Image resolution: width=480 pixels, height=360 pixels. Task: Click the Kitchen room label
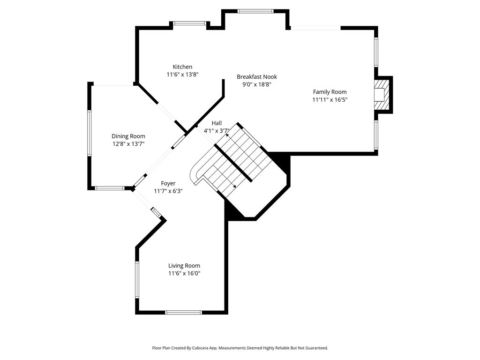pos(182,67)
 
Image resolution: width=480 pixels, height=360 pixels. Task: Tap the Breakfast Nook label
pos(257,77)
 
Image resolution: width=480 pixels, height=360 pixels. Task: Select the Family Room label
pos(330,92)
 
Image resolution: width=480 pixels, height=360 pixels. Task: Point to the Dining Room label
pos(128,136)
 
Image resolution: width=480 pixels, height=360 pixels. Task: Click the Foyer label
pos(168,183)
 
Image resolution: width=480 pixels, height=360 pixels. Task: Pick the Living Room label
pos(184,266)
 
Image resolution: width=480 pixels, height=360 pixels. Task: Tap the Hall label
pos(217,123)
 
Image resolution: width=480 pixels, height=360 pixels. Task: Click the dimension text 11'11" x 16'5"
pos(330,99)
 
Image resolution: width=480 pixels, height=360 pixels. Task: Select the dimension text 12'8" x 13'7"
pos(128,144)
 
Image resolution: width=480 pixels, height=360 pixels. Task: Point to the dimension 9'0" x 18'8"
pos(257,84)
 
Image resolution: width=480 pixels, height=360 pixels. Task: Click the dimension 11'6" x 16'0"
pos(184,273)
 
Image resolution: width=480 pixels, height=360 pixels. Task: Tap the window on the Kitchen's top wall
pos(190,23)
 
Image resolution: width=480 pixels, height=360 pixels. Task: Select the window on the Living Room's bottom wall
pos(183,313)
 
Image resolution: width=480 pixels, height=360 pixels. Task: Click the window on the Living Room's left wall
pos(137,279)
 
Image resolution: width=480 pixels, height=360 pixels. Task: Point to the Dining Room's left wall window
pos(90,133)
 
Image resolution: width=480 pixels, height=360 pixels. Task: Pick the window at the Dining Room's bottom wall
pos(110,188)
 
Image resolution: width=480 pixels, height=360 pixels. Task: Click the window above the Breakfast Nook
pos(255,11)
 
